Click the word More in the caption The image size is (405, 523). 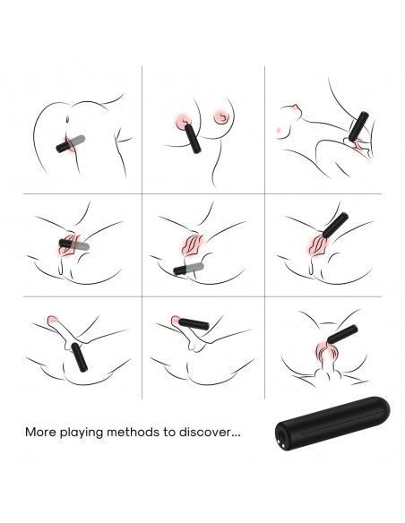pos(40,433)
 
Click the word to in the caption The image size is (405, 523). pos(169,433)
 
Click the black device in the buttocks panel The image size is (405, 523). pos(63,147)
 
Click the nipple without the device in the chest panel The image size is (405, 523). pos(223,116)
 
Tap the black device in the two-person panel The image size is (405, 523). pos(358,127)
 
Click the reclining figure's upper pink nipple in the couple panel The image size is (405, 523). pos(295,107)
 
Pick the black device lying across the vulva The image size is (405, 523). pos(66,244)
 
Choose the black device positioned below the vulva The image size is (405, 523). pos(180,270)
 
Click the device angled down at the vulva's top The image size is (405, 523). pos(335,225)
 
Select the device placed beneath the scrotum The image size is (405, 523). pos(79,357)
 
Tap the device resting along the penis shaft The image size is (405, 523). pos(194,324)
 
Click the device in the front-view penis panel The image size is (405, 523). pos(342,334)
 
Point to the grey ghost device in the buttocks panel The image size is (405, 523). pos(77,141)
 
